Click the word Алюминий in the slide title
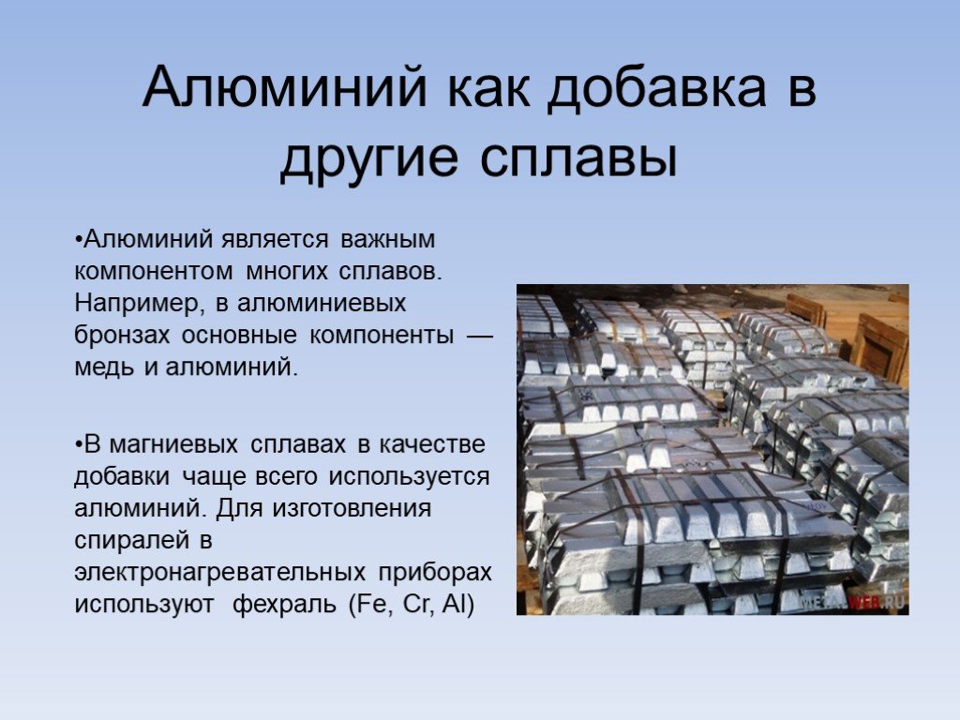coord(285,86)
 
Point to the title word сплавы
coord(578,159)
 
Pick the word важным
coord(388,239)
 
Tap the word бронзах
coord(121,335)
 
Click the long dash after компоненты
coord(479,336)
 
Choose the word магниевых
coord(173,445)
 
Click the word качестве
coord(432,445)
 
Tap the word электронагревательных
coord(219,573)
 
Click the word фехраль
coord(285,605)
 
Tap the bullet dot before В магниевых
coord(79,445)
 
